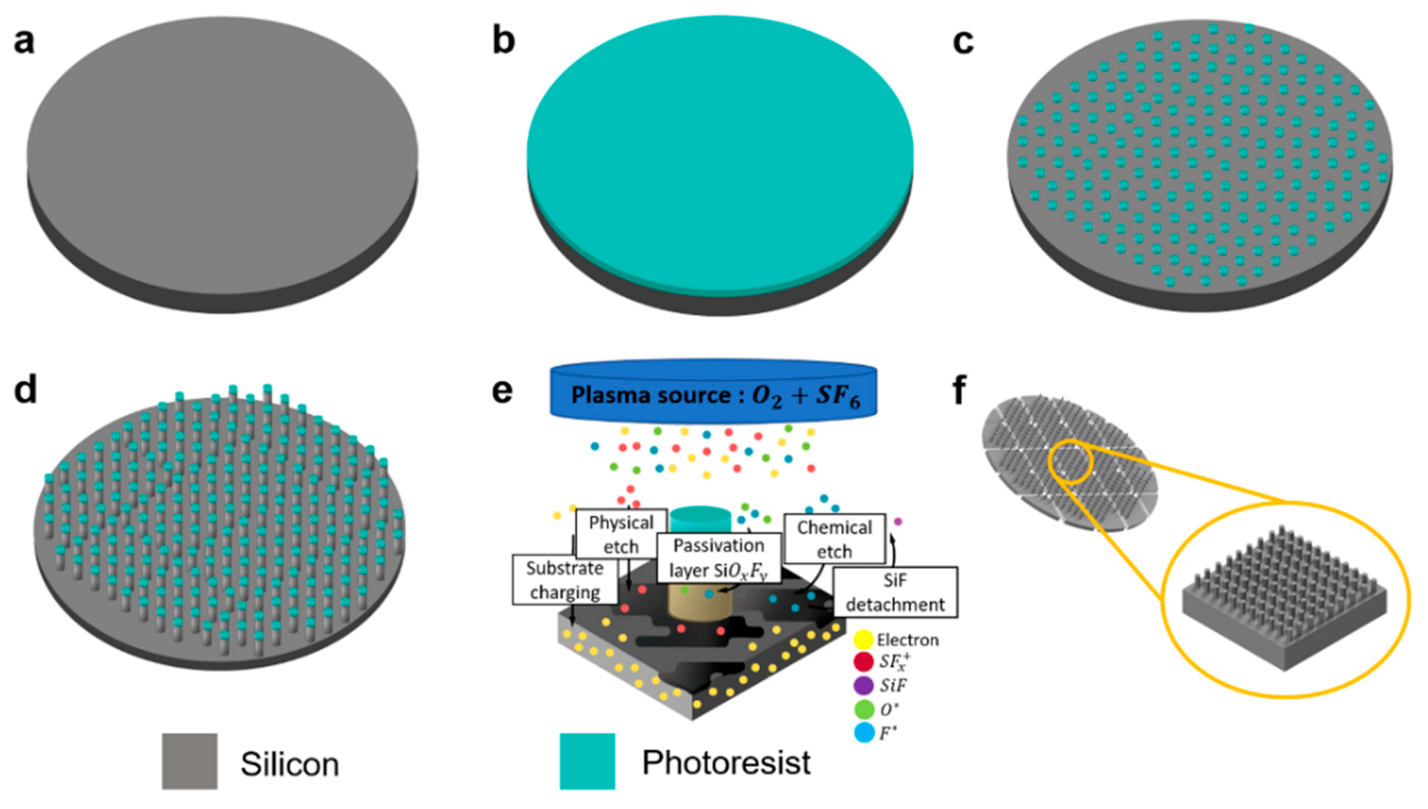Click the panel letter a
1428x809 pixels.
tap(24, 42)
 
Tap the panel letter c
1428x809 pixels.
tap(963, 42)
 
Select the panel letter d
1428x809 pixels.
tap(26, 390)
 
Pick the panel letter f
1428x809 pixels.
tap(960, 390)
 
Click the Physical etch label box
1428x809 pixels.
tap(621, 534)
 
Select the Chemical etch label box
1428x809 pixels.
tap(834, 539)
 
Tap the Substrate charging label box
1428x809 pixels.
tap(564, 580)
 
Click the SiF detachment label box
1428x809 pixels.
tap(895, 592)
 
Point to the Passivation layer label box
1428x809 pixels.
tap(718, 558)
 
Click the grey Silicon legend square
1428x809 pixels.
tap(189, 761)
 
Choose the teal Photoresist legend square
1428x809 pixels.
tap(587, 761)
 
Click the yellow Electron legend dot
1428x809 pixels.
tap(864, 640)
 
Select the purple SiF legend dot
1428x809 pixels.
tap(864, 685)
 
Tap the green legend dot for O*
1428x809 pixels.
tap(864, 709)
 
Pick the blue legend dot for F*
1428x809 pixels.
tap(864, 732)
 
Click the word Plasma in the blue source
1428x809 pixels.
tap(609, 395)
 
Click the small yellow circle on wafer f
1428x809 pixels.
tap(1070, 462)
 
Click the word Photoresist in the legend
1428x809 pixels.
tap(726, 763)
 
